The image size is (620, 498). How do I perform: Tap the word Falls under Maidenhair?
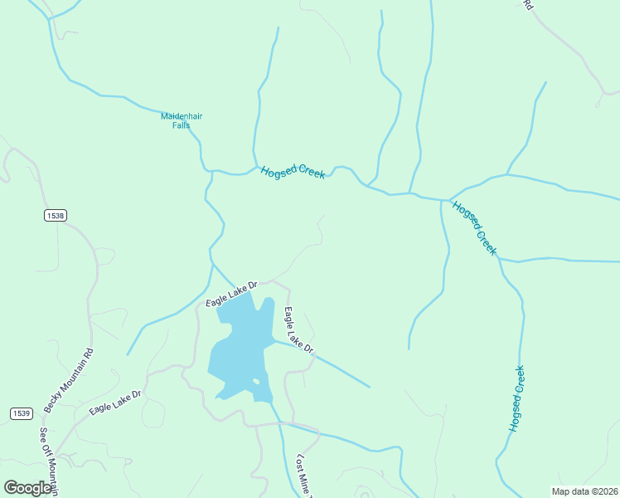175,125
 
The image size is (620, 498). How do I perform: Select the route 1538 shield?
56,215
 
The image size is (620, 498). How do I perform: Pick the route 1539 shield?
22,413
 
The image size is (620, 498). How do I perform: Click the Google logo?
28,488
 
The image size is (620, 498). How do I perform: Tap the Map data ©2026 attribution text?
584,491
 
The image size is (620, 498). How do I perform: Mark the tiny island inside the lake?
256,382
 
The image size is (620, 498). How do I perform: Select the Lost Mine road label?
304,475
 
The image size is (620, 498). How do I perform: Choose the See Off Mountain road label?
49,461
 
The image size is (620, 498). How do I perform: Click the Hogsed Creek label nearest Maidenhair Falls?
292,172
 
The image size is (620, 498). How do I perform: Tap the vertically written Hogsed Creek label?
517,398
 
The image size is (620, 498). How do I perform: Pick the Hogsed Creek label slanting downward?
475,227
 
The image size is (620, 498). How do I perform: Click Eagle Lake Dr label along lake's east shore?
298,330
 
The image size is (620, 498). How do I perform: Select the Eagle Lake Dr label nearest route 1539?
116,402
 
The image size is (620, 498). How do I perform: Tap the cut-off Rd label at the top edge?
526,5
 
